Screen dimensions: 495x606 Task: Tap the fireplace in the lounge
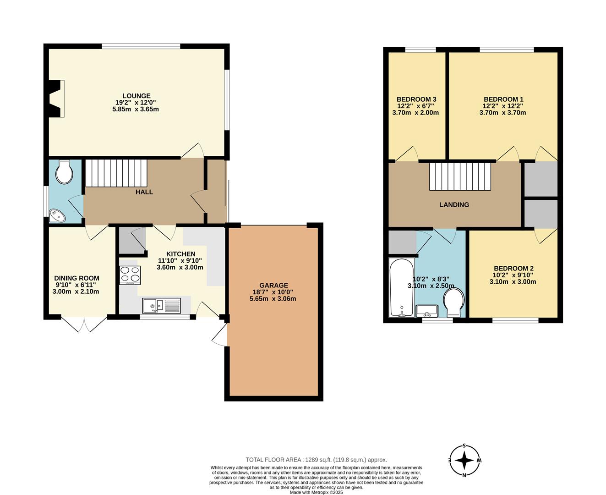pos(56,99)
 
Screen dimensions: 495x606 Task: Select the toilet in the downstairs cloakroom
pos(64,173)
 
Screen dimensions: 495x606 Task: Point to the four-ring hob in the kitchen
pos(130,275)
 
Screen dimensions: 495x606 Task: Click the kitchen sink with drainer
pos(162,305)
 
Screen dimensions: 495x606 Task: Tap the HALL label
pos(144,192)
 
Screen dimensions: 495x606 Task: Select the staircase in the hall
pos(116,173)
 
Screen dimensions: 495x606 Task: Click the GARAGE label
pos(273,285)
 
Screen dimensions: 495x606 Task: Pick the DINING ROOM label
pos(76,278)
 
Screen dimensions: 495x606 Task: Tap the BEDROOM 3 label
pos(416,99)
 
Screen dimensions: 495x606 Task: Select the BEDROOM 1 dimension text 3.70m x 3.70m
pos(502,112)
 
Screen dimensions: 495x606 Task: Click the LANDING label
pos(454,205)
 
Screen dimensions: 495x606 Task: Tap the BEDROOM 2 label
pos(513,269)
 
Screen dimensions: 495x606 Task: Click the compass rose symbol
pos(464,461)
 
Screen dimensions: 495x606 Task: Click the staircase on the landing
pos(460,176)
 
